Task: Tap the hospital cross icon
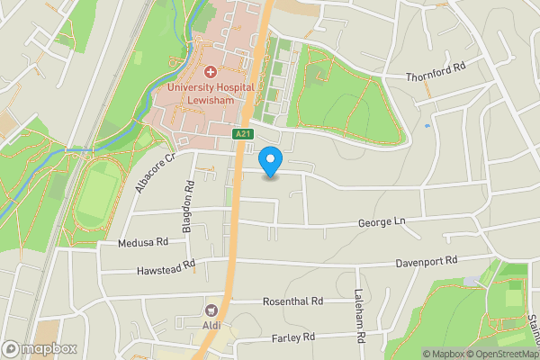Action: click(x=211, y=70)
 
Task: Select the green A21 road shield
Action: click(x=243, y=135)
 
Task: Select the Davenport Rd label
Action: click(x=427, y=261)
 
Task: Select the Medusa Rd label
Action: click(x=143, y=242)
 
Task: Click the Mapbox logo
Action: click(x=39, y=348)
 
